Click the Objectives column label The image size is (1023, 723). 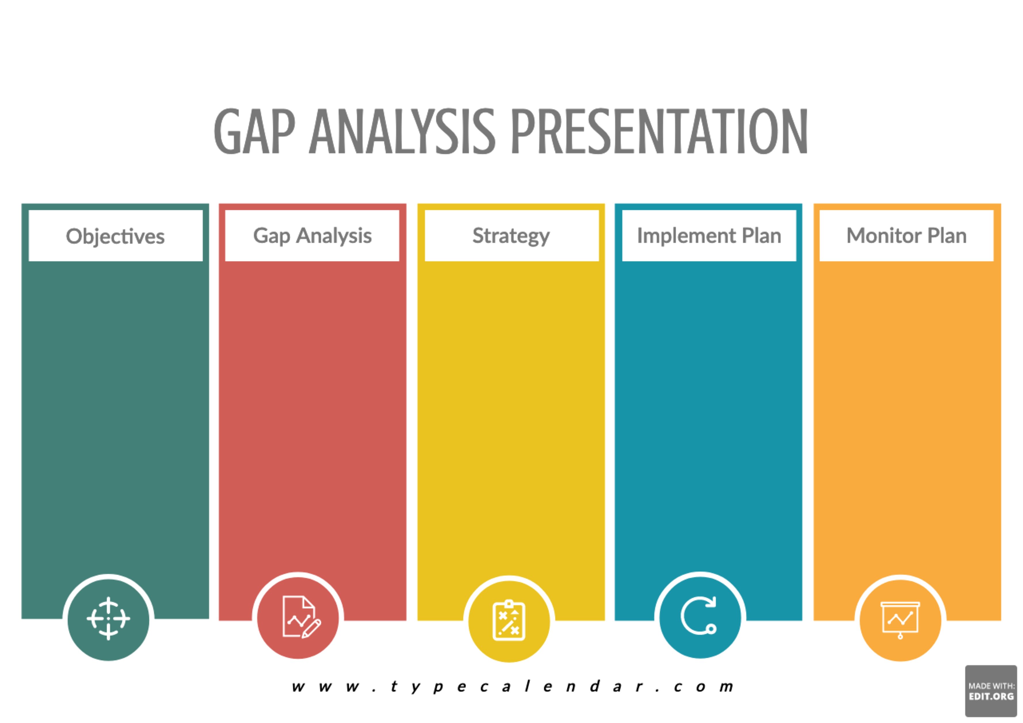click(x=115, y=236)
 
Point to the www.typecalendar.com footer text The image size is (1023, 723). click(x=512, y=686)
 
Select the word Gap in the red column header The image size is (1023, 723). click(x=271, y=236)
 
